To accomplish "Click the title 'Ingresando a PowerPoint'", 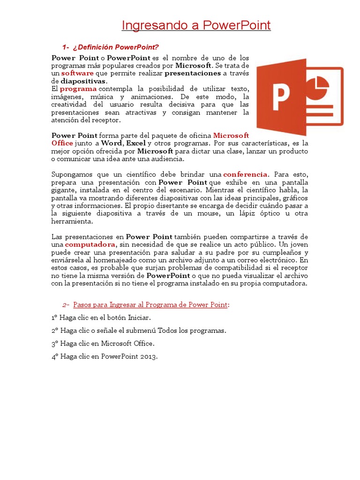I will pyautogui.click(x=196, y=25).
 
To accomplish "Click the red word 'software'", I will pyautogui.click(x=77, y=73).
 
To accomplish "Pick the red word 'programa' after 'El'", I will pyautogui.click(x=78, y=89).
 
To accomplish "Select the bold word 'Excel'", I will pyautogui.click(x=136, y=143).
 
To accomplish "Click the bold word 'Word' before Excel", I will pyautogui.click(x=110, y=143).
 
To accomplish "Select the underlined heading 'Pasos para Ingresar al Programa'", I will pyautogui.click(x=150, y=305).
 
